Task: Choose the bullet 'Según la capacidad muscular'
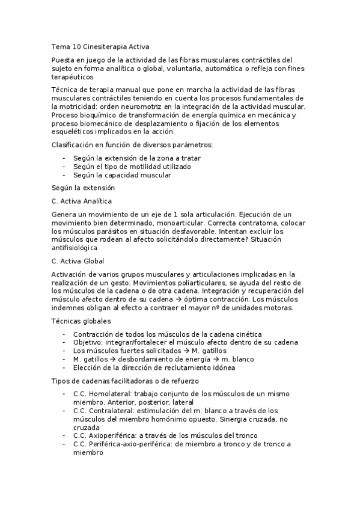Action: pos(122,175)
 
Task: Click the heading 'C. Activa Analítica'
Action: pos(82,201)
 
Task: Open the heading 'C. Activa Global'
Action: pos(78,261)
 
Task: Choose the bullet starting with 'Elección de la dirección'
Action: pos(154,367)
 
